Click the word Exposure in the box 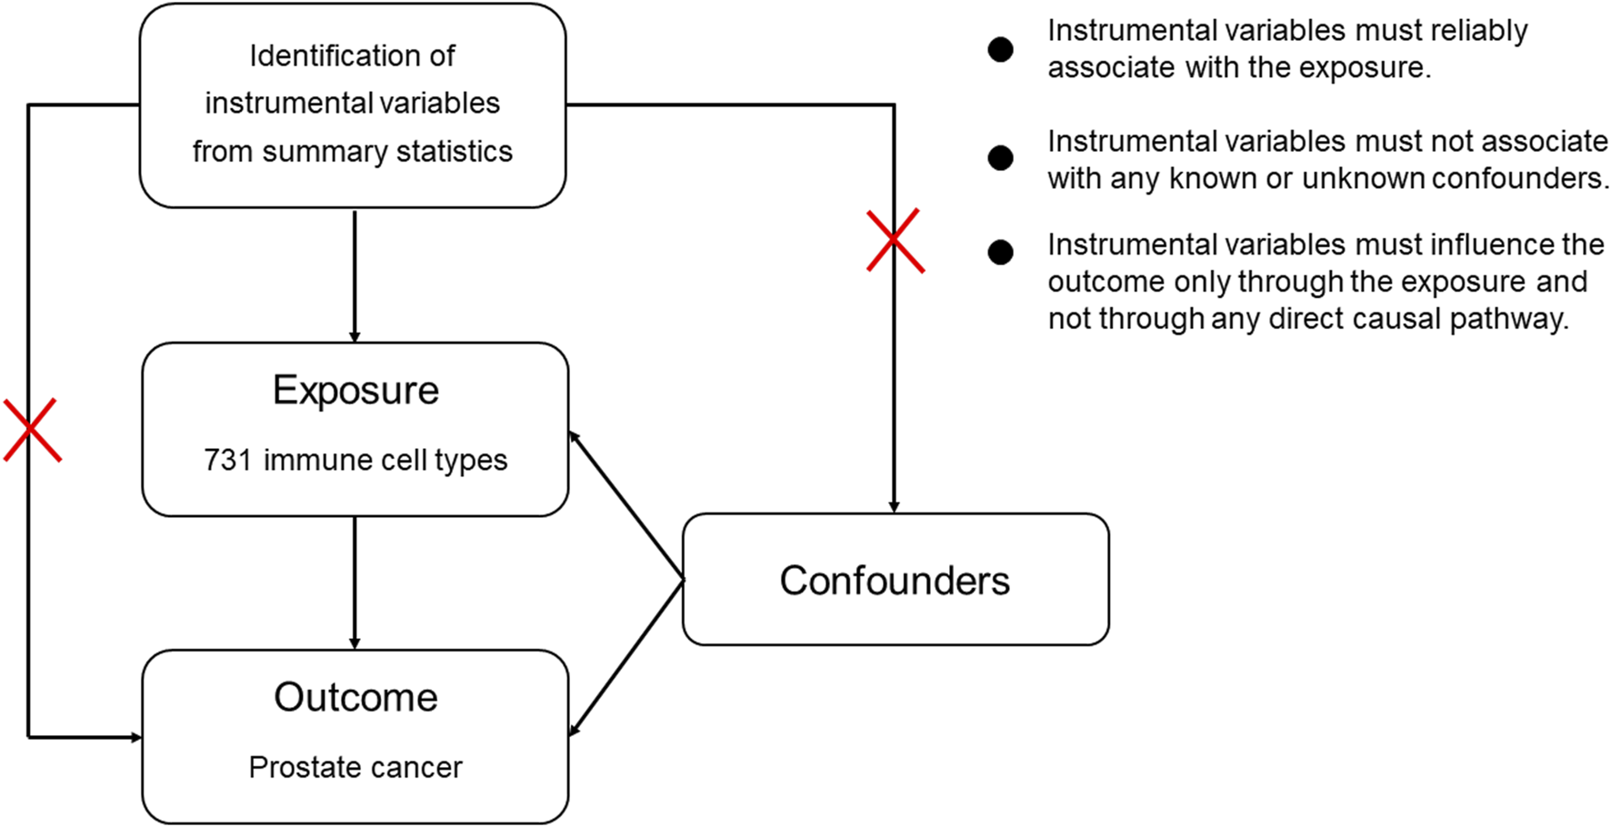tap(355, 391)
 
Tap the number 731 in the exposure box tap(227, 460)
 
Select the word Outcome tap(355, 698)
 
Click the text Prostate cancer tap(355, 768)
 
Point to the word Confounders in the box tap(895, 581)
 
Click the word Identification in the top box tap(352, 56)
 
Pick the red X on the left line tap(32, 430)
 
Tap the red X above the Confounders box tap(895, 241)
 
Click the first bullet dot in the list tap(1000, 50)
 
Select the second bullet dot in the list tap(1000, 158)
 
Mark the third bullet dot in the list tap(1000, 253)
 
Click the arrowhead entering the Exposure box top tap(355, 336)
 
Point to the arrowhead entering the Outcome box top tap(355, 643)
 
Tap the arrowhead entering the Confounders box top tap(894, 507)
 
